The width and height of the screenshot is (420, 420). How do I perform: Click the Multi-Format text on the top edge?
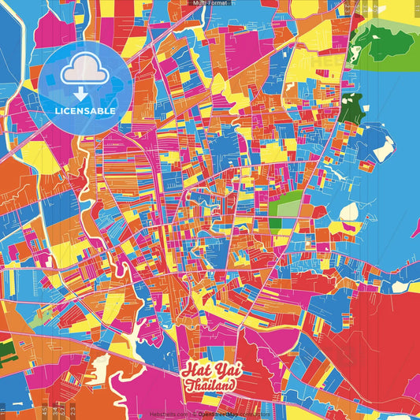coord(210,3)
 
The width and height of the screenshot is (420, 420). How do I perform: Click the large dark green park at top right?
coord(390,39)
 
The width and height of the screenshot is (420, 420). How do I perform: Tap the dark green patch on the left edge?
coord(6,347)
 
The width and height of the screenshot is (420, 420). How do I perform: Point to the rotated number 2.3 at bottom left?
coord(72,411)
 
